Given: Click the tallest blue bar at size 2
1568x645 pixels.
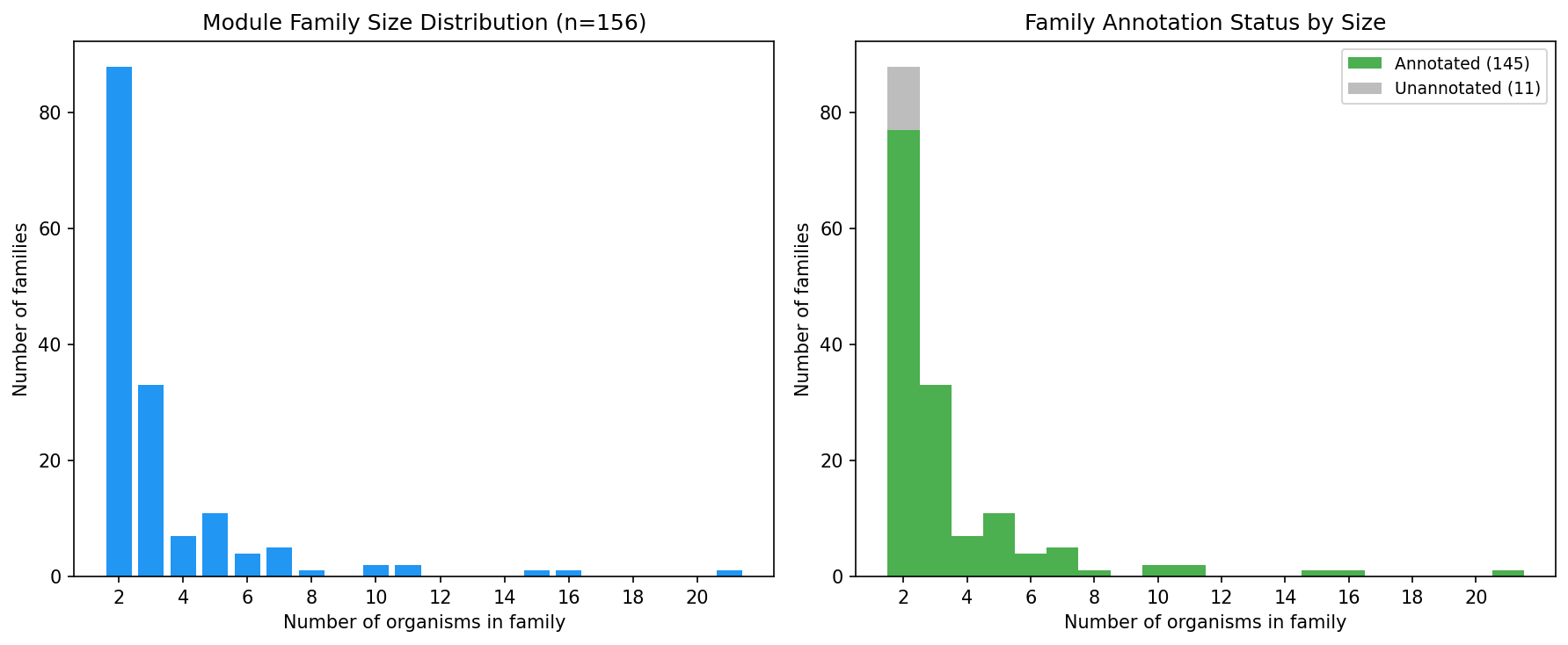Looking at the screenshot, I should click(x=119, y=322).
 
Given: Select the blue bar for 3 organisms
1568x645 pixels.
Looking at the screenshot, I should click(x=151, y=481).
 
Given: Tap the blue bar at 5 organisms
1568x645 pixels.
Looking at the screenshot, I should click(x=215, y=545).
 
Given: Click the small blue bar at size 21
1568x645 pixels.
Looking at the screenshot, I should click(x=729, y=574).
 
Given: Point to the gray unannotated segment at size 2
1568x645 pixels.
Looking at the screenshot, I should click(x=903, y=98).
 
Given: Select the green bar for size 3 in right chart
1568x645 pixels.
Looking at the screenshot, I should click(x=935, y=481).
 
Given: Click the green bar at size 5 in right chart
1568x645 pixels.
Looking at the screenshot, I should click(x=999, y=545).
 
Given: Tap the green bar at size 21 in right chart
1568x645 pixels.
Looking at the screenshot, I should click(x=1507, y=574).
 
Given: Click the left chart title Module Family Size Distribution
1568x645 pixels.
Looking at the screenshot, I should click(x=424, y=23).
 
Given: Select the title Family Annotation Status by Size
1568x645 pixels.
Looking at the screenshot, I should click(x=1205, y=23).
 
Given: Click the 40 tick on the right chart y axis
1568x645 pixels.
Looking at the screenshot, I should click(x=831, y=344).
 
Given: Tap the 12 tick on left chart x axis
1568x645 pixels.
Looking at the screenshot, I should click(x=440, y=598).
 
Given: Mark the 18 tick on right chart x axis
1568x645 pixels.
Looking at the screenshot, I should click(x=1412, y=598).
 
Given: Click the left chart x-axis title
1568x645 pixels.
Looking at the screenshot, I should click(x=424, y=622).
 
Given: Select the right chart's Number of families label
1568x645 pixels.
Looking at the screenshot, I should click(x=802, y=309).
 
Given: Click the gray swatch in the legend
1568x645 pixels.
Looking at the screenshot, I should click(x=1364, y=88).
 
